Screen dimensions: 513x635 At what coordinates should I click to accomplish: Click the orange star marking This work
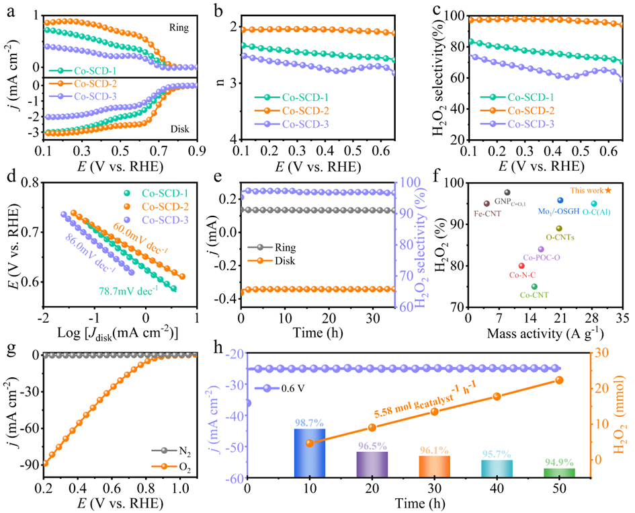coord(608,191)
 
